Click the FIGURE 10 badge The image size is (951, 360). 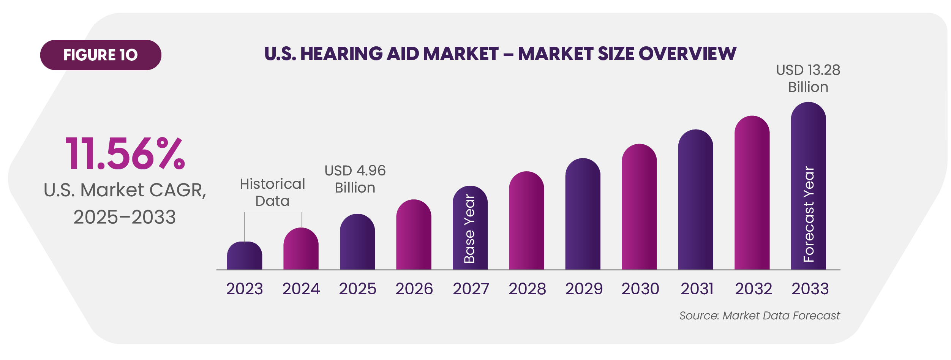point(100,55)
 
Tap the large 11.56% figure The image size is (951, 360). point(125,154)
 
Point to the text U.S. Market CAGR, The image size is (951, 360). point(125,190)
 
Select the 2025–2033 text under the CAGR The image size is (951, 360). point(125,217)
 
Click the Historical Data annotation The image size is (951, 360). point(272,192)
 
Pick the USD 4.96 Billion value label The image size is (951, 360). point(355,179)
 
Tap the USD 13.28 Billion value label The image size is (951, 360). point(808,78)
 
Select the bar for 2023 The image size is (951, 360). point(245,256)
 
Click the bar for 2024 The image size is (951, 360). point(301,249)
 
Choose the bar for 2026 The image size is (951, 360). point(414,235)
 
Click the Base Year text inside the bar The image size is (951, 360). point(470,229)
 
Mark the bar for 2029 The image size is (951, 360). point(583,215)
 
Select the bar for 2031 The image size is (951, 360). point(695,200)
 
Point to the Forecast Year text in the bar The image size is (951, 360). point(809,214)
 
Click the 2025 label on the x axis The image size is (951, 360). point(357,289)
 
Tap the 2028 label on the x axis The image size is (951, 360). point(527,289)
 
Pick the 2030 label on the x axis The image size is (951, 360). point(640,289)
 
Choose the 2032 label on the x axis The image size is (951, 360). point(753,289)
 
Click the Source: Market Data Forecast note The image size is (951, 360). point(759,316)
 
